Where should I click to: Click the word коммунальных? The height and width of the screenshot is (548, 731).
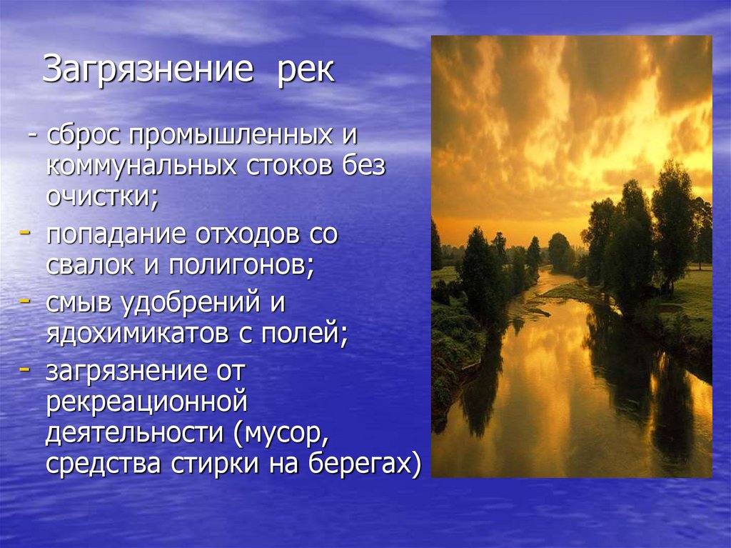click(142, 166)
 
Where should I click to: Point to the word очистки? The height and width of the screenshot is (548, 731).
click(100, 196)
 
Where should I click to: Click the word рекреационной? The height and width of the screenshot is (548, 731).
click(146, 402)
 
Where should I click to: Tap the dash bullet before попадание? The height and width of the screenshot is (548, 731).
click(24, 233)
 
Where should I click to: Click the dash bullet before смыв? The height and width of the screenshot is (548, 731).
click(24, 301)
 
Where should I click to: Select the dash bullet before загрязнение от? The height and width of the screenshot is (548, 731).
click(24, 369)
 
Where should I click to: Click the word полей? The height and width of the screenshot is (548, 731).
click(307, 333)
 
